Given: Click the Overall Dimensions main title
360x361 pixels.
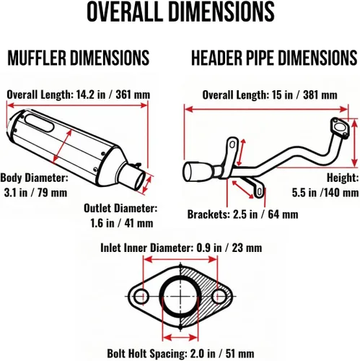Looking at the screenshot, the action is [x=180, y=12].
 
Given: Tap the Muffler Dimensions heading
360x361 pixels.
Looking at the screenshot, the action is [x=79, y=58].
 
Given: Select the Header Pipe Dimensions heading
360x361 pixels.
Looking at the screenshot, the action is [x=274, y=58].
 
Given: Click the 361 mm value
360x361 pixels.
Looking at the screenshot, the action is [x=133, y=95].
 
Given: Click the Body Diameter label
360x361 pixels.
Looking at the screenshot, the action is [x=34, y=178].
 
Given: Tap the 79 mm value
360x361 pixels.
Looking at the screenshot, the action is [x=51, y=193].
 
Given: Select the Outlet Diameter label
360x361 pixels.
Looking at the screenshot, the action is [x=120, y=208].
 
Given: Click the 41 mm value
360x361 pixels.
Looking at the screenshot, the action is [x=139, y=223].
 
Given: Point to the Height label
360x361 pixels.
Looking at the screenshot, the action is [x=343, y=178].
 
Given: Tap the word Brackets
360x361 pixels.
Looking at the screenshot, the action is [x=208, y=214].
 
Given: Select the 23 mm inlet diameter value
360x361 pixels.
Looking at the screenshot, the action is [x=247, y=248].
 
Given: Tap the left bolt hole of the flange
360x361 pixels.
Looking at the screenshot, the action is [x=141, y=296].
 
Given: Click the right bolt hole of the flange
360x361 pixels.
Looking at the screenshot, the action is [x=219, y=296].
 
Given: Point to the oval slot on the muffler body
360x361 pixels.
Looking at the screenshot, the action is [x=40, y=123].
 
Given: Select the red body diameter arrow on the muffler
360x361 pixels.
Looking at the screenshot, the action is [x=62, y=146].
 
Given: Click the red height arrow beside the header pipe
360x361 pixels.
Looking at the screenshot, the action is [x=354, y=143].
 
